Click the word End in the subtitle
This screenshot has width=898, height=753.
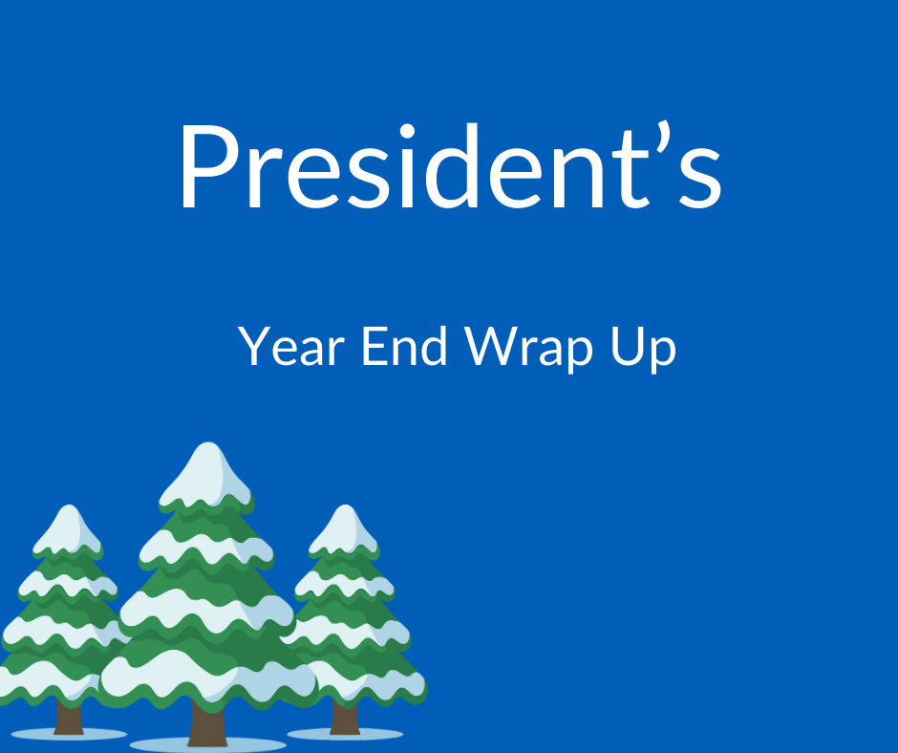(x=405, y=346)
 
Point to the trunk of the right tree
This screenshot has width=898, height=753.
(x=345, y=716)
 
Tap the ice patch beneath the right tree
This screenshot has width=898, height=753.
(x=345, y=734)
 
